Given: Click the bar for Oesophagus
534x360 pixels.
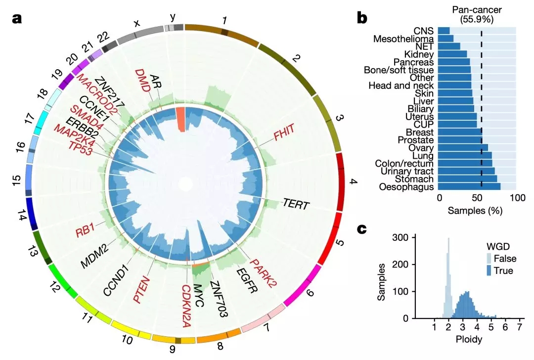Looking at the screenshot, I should (x=470, y=187).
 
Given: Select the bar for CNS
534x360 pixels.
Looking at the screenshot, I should (x=444, y=31).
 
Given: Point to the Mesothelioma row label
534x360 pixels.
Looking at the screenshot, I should (x=403, y=39).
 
